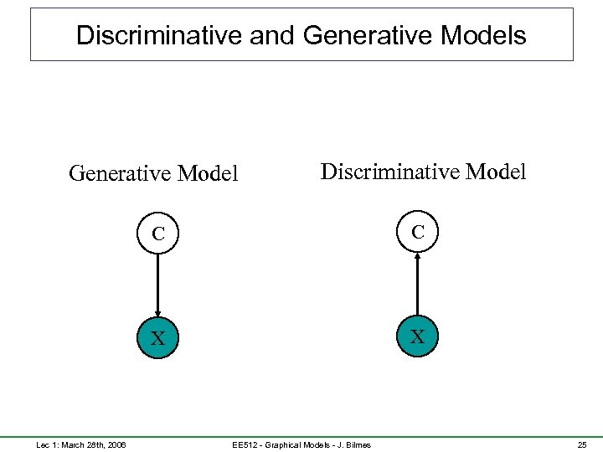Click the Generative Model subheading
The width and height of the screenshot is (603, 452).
click(153, 173)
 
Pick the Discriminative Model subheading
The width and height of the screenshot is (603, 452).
click(423, 172)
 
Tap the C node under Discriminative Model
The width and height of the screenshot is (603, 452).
click(417, 232)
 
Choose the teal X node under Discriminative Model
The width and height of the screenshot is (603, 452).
click(417, 336)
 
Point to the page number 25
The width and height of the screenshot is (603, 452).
click(582, 444)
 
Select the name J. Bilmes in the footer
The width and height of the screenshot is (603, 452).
click(355, 444)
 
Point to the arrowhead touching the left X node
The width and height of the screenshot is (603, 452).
click(157, 313)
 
